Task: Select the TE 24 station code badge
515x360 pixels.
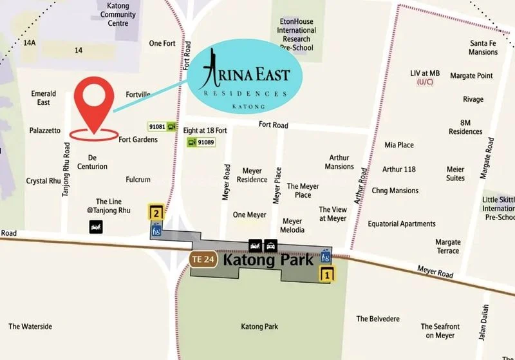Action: [202, 260]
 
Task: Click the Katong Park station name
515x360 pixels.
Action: [268, 260]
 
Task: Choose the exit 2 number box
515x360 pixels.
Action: [156, 212]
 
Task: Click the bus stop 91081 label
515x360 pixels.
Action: [158, 127]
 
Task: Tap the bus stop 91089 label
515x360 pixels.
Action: [206, 142]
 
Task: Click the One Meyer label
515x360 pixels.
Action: [249, 215]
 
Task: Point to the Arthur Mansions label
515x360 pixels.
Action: [339, 162]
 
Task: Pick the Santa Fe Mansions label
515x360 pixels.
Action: [483, 48]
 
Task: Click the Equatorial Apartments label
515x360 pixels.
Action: [402, 223]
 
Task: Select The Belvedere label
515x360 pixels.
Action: [378, 319]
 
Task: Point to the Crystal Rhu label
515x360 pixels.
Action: [44, 181]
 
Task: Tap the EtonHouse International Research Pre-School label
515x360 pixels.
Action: [297, 35]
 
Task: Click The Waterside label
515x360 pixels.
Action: [30, 327]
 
